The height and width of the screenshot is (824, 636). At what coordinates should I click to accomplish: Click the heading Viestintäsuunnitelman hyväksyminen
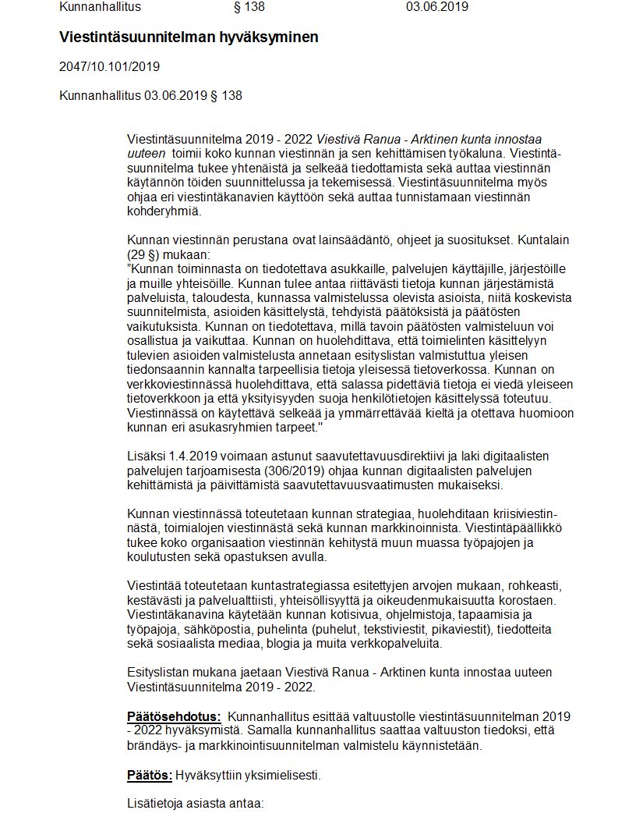coord(189,37)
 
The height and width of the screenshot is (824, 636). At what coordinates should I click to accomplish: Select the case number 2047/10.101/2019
coord(109,66)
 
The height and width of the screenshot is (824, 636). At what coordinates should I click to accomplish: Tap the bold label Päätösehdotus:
coord(174,716)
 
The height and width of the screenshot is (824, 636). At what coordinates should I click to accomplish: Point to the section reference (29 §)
coord(147,254)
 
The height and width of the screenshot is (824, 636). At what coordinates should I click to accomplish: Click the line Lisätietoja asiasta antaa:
coord(196,803)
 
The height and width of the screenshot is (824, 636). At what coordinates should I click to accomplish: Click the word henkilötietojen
coord(355,399)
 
